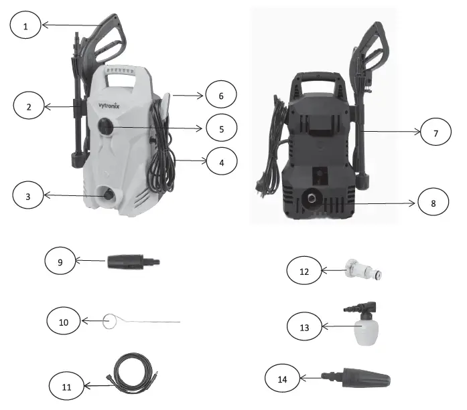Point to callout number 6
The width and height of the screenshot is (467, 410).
click(x=220, y=96)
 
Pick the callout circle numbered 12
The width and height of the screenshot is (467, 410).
click(x=304, y=271)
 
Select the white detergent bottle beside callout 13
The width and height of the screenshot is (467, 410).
click(x=365, y=329)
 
